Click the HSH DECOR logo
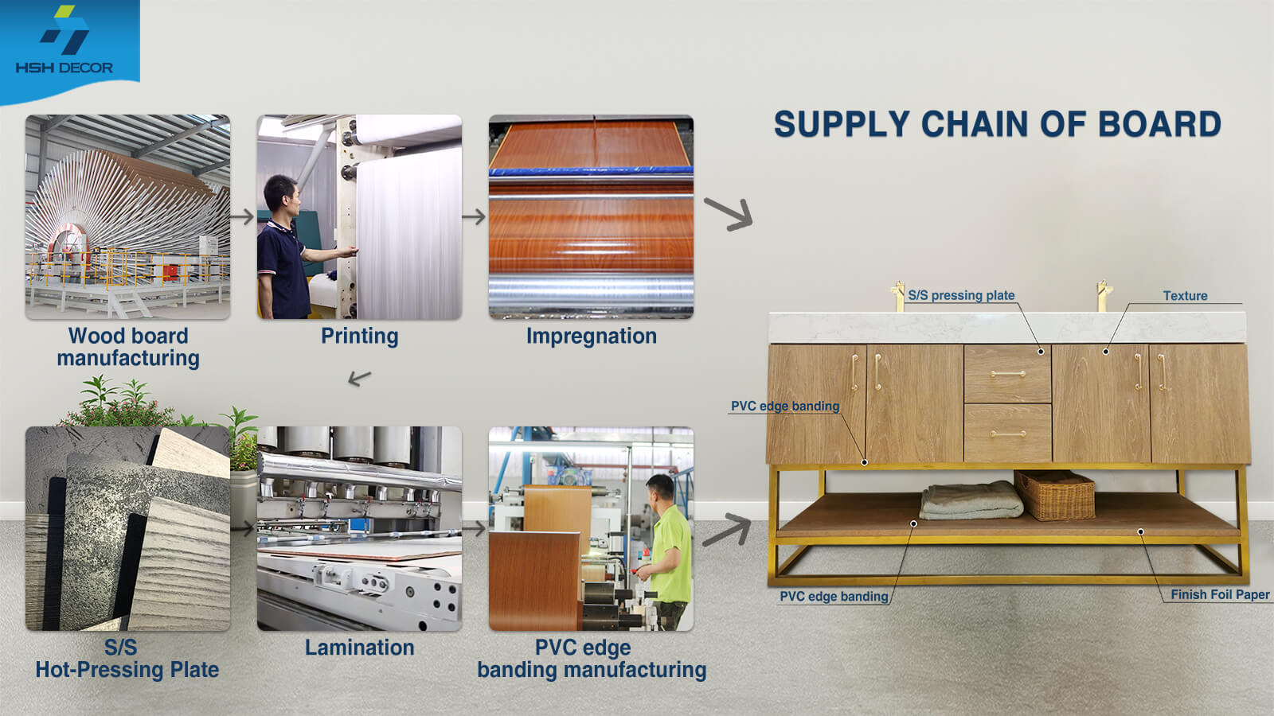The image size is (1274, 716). coord(64,41)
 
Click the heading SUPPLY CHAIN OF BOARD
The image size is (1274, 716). coord(998,124)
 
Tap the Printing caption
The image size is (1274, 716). coord(359,336)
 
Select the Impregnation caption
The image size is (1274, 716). coord(592,336)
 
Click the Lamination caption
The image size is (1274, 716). coord(359,648)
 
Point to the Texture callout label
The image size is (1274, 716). coord(1186,295)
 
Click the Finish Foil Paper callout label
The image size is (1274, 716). coord(1220,594)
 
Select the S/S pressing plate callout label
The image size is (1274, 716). coord(961,295)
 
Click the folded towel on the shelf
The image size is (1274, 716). coord(971,500)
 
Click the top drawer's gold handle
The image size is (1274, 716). coord(1008,374)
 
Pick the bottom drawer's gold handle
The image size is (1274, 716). coord(1008,434)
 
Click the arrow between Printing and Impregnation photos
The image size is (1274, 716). coord(474,216)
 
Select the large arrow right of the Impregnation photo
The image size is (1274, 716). coord(729,214)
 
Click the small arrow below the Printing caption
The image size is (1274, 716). coord(359,378)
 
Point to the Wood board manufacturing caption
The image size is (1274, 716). coord(128,347)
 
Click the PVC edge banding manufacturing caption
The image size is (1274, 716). coord(592,659)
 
